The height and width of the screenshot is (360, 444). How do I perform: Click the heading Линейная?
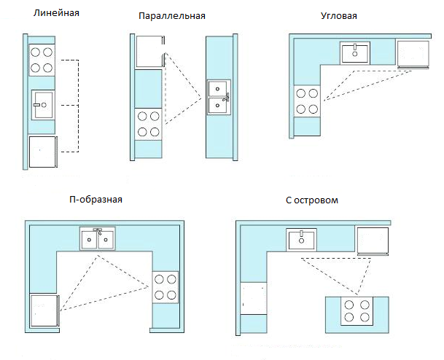click(x=52, y=12)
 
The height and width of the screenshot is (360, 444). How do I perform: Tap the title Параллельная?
click(x=171, y=16)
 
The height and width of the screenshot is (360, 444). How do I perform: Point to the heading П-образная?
click(x=96, y=199)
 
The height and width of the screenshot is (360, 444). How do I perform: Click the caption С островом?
click(x=314, y=199)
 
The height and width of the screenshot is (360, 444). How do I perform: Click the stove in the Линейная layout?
click(x=42, y=60)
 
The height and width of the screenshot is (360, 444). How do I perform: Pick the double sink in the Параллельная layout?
click(x=219, y=97)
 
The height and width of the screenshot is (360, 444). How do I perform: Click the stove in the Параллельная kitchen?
click(x=149, y=123)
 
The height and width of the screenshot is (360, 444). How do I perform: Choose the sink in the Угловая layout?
click(x=355, y=52)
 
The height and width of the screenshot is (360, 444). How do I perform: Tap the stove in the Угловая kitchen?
click(x=306, y=100)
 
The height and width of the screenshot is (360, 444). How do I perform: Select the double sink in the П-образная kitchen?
click(x=97, y=238)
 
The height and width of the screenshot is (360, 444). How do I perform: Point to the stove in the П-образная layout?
click(x=165, y=287)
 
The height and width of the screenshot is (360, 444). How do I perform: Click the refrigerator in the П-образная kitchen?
click(x=43, y=313)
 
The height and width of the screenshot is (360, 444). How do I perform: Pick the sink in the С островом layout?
click(x=300, y=238)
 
